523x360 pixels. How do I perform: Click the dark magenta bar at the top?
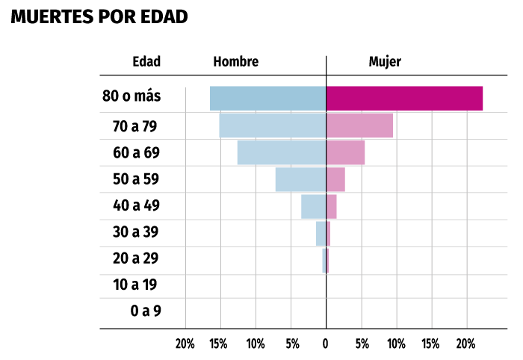pyautogui.click(x=404, y=98)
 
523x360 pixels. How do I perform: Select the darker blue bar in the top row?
pyautogui.click(x=267, y=98)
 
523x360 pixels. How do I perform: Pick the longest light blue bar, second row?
pyautogui.click(x=272, y=125)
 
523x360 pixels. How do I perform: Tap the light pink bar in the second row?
pyautogui.click(x=359, y=125)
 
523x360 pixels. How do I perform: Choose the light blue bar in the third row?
pyautogui.click(x=281, y=152)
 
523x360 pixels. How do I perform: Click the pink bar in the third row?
pyautogui.click(x=346, y=152)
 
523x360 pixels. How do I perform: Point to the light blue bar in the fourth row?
pyautogui.click(x=300, y=179)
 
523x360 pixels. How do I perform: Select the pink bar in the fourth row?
pyautogui.click(x=335, y=179)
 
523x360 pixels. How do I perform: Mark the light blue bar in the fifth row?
pyautogui.click(x=313, y=206)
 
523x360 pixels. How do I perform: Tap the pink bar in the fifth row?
pyautogui.click(x=332, y=206)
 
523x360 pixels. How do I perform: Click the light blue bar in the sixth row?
pyautogui.click(x=321, y=233)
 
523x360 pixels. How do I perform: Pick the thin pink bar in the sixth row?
pyautogui.click(x=328, y=233)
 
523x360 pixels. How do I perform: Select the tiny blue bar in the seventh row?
pyautogui.click(x=324, y=261)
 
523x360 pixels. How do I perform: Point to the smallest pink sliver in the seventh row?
pyautogui.click(x=327, y=261)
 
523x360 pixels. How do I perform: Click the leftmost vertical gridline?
pyautogui.click(x=185, y=314)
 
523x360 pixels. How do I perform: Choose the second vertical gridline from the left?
pyautogui.click(x=220, y=314)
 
